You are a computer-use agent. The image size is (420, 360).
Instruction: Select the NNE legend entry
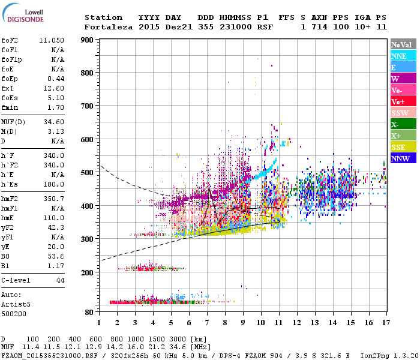coord(399,56)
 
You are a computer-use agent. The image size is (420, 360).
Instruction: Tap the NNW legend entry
coord(400,159)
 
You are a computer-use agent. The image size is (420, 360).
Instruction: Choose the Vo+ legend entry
coord(398,102)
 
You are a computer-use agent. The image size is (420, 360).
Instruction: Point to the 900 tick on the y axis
coord(87,40)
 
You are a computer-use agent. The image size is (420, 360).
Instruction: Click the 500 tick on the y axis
coord(87,173)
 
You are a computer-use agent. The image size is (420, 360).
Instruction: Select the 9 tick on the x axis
coord(243,322)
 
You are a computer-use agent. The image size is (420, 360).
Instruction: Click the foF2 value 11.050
coord(52,40)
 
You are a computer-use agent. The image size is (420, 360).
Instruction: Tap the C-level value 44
coord(60,280)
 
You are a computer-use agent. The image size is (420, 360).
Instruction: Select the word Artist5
coord(17,304)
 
